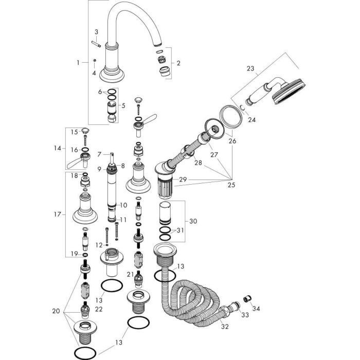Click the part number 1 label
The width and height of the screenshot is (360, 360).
point(79,63)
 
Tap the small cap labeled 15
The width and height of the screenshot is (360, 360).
point(85,132)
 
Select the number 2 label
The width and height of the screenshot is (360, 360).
point(178,64)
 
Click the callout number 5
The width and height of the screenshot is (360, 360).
point(122,105)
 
